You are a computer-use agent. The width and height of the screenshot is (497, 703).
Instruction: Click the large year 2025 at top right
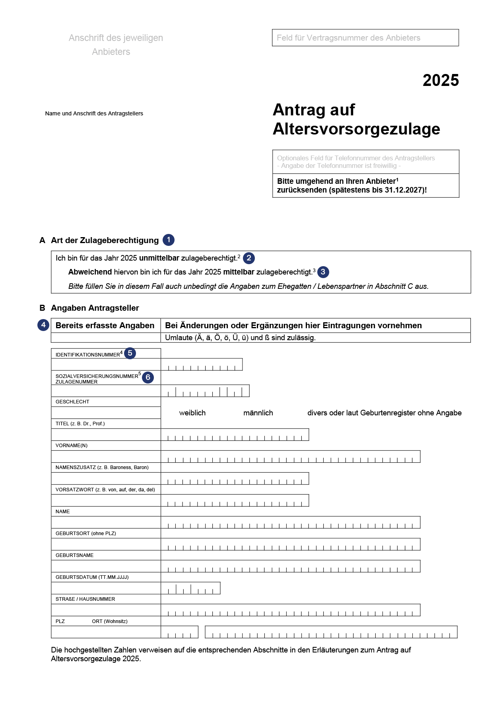click(441, 80)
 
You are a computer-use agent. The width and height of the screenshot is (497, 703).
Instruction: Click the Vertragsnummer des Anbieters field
click(365, 38)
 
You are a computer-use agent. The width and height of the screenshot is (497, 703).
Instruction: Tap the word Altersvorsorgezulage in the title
click(356, 129)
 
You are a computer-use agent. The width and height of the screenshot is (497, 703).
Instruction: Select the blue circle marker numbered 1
click(169, 240)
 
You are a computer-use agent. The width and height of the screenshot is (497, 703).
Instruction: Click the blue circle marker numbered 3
click(323, 272)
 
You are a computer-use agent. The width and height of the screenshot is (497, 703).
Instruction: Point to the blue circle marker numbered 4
click(43, 325)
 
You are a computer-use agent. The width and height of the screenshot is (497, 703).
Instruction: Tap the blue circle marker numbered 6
click(148, 377)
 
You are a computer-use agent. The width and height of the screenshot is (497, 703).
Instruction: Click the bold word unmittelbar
click(159, 258)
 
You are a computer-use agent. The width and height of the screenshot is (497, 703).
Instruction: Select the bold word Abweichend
click(90, 272)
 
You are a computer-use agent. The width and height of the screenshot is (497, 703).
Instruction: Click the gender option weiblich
click(192, 413)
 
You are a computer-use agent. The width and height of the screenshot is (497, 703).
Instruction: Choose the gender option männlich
click(258, 413)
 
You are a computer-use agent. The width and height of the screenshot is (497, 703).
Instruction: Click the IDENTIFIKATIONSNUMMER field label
click(88, 354)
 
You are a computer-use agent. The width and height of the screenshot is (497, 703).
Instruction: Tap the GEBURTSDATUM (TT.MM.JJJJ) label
click(92, 577)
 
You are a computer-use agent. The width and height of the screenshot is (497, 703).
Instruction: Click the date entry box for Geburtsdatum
click(190, 588)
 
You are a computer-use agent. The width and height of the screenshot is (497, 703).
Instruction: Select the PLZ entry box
click(179, 632)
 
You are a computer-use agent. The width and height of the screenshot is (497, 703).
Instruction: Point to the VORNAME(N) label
click(72, 446)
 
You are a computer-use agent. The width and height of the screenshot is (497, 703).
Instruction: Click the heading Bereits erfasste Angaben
click(105, 325)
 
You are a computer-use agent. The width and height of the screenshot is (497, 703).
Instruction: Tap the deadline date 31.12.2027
click(404, 190)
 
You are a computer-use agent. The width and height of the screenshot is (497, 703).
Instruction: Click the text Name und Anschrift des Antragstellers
click(94, 113)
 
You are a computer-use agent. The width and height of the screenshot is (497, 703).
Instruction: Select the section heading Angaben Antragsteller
click(95, 308)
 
